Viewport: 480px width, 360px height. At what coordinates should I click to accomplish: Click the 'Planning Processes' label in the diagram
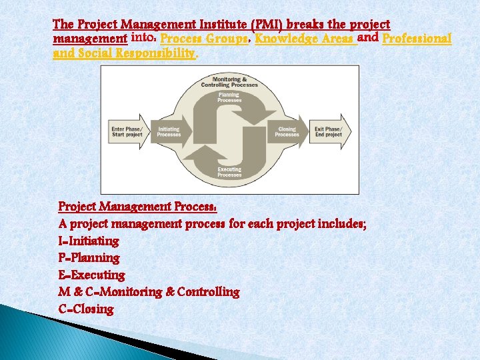[229, 97]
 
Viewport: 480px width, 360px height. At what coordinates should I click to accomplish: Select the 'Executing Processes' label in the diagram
[229, 172]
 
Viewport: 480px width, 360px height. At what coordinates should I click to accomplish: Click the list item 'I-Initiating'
[89, 241]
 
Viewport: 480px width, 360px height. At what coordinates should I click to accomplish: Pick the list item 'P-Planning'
[89, 258]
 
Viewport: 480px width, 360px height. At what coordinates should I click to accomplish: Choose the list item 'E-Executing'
[92, 275]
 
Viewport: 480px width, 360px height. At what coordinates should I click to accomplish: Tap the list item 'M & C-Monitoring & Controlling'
[149, 292]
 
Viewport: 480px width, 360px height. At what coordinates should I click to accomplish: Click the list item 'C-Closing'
[86, 309]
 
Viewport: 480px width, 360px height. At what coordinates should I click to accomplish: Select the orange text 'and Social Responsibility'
[124, 53]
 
